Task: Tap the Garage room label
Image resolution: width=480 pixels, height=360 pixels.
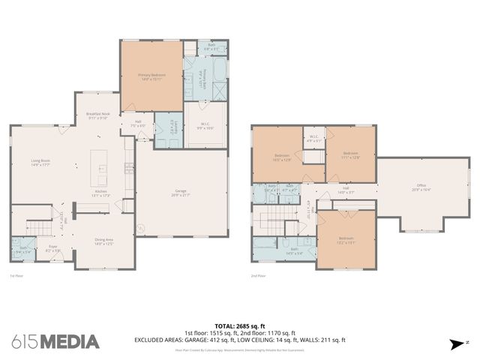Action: (181, 193)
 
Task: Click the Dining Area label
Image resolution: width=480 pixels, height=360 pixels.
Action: (103, 242)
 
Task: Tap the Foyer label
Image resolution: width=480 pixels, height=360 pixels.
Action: (54, 247)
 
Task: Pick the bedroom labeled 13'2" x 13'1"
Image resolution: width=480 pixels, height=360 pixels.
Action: (345, 240)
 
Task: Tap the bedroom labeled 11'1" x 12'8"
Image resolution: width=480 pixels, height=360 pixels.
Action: (350, 157)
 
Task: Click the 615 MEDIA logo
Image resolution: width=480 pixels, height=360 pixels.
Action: (55, 341)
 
